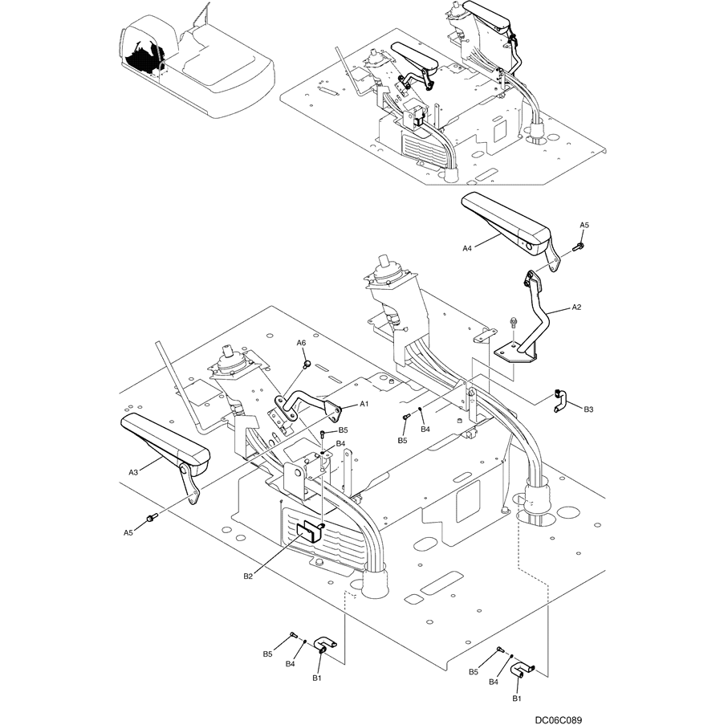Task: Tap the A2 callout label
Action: click(576, 307)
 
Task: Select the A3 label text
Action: click(133, 473)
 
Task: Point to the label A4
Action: click(468, 249)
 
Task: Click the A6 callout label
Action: click(302, 343)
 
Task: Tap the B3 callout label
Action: click(588, 409)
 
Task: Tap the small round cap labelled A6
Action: click(307, 365)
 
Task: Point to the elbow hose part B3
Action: click(561, 399)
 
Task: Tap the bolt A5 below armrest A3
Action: click(149, 519)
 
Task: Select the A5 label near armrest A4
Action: click(584, 225)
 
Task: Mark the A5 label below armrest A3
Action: click(128, 532)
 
